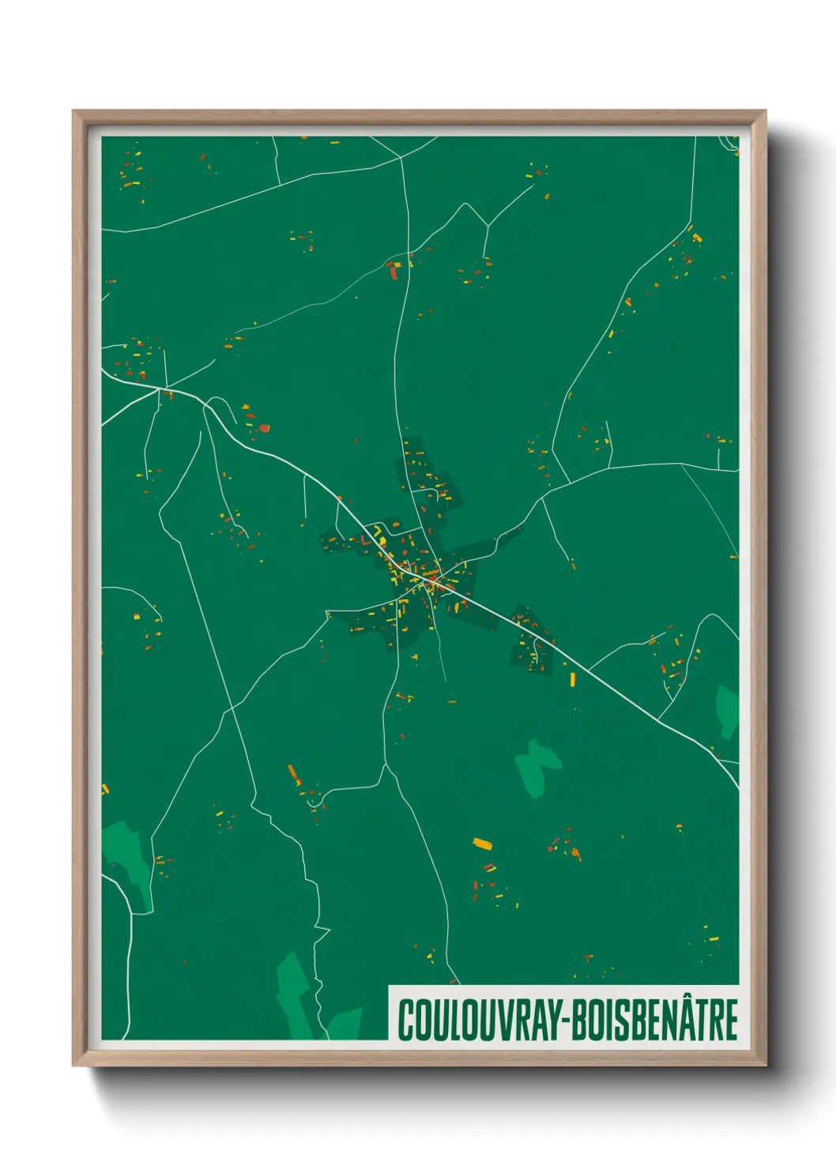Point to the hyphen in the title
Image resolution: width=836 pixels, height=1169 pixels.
(x=564, y=1022)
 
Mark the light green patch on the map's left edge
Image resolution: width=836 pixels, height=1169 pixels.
(x=127, y=853)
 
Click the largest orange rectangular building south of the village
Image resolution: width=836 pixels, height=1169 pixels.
(x=481, y=843)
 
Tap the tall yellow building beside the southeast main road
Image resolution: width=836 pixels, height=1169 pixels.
(x=573, y=678)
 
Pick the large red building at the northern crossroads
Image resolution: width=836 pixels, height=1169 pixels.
(x=394, y=270)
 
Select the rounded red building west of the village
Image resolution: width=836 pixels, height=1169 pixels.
(x=264, y=428)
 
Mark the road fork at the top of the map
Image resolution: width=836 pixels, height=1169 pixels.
(x=401, y=158)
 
